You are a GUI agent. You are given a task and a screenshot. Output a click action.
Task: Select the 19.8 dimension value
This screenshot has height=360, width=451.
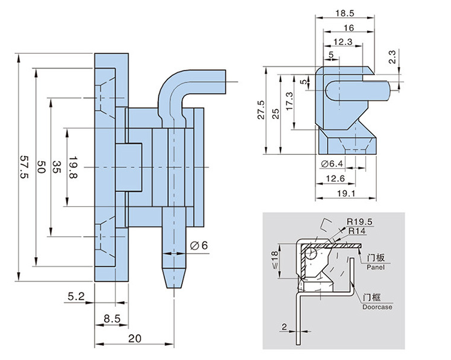[x=73, y=167]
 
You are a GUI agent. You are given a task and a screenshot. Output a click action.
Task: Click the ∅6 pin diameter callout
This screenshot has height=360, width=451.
[x=199, y=245]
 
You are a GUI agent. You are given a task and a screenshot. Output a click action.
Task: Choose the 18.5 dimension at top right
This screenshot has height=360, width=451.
[x=344, y=12]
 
